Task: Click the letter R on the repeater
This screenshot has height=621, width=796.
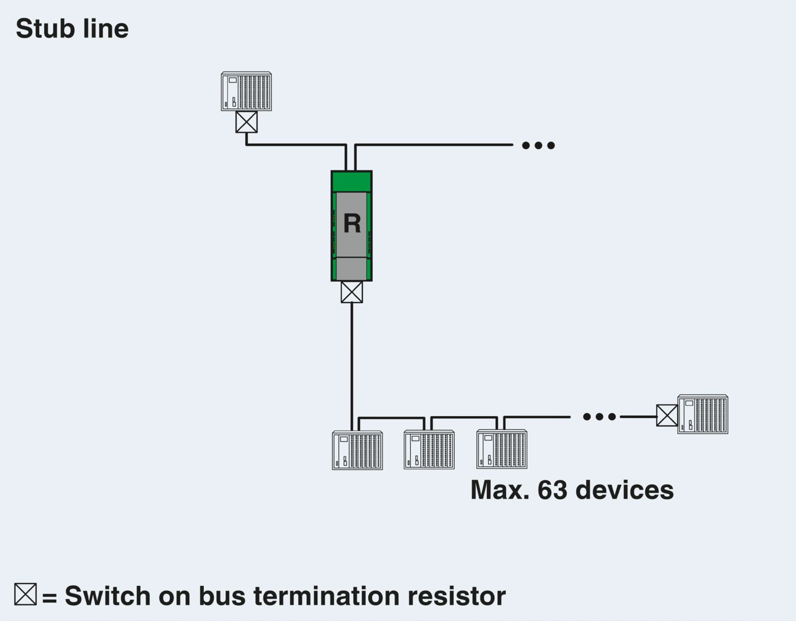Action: [352, 223]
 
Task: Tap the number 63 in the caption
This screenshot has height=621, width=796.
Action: [552, 489]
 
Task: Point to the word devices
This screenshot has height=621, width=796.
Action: [625, 489]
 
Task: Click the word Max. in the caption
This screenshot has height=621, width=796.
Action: [500, 489]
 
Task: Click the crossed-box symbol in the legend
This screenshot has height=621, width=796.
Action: [25, 594]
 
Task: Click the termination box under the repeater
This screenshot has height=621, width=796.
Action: [352, 292]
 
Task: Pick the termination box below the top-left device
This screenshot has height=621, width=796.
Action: [246, 122]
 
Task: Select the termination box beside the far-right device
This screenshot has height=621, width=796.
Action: [667, 415]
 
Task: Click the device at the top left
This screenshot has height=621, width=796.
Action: [246, 91]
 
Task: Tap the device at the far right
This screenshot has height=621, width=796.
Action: [703, 415]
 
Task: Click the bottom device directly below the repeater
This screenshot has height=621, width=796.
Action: [357, 451]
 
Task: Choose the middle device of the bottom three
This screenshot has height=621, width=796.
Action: [429, 450]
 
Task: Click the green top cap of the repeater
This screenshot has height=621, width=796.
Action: [352, 181]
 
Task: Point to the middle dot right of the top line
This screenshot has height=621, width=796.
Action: [539, 145]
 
